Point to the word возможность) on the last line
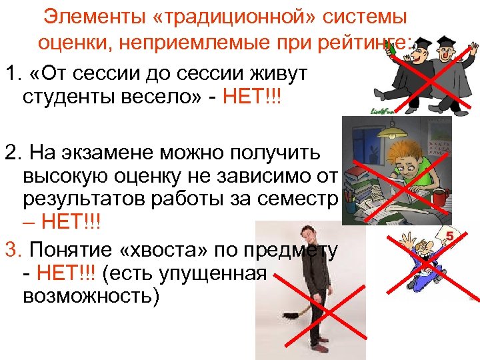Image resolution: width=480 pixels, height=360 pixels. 91,296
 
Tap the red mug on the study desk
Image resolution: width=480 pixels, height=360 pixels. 439,199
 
